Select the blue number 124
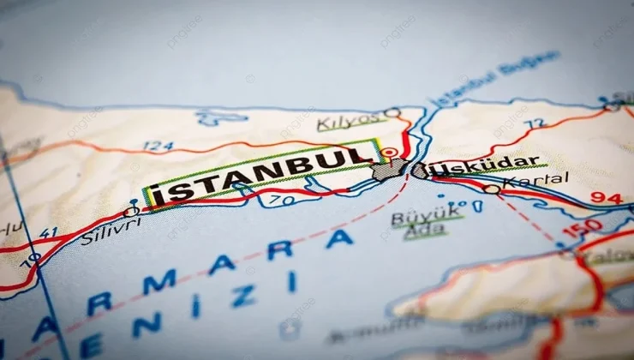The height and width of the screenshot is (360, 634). coord(158,146)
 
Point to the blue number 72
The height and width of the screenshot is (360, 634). coord(535,124)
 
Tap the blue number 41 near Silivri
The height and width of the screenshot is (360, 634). coord(48,232)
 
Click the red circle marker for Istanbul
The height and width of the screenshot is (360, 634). coord(391,154)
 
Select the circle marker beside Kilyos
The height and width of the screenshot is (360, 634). coord(392,112)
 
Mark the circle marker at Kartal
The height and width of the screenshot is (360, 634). coord(491,189)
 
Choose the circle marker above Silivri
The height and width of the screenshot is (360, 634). coord(131,211)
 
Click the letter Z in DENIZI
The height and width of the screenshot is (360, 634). coord(242,296)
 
